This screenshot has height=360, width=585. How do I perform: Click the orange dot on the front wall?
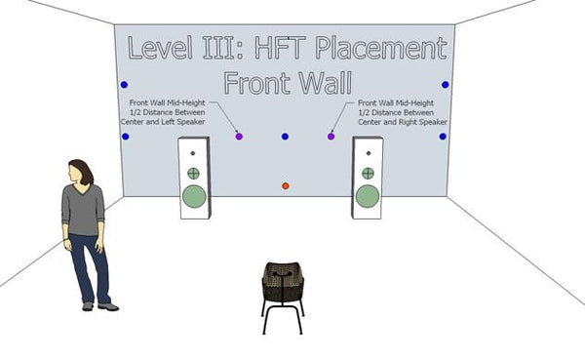click(x=285, y=185)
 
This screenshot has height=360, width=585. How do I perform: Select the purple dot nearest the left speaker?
click(x=239, y=137)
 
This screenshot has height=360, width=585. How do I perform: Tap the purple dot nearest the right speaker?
click(x=331, y=137)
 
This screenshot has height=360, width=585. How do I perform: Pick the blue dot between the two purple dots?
click(x=285, y=137)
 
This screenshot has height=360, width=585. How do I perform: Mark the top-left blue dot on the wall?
click(x=124, y=85)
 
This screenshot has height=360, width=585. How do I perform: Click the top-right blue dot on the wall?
click(x=446, y=85)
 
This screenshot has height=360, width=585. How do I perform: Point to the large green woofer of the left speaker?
click(x=194, y=196)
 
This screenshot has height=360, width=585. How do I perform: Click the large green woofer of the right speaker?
click(x=367, y=195)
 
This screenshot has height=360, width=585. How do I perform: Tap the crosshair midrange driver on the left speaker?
click(x=193, y=173)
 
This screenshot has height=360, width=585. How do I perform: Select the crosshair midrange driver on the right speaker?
click(x=368, y=173)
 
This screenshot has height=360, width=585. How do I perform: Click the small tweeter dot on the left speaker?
click(x=193, y=154)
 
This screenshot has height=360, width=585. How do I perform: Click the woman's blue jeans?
click(x=89, y=265)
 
